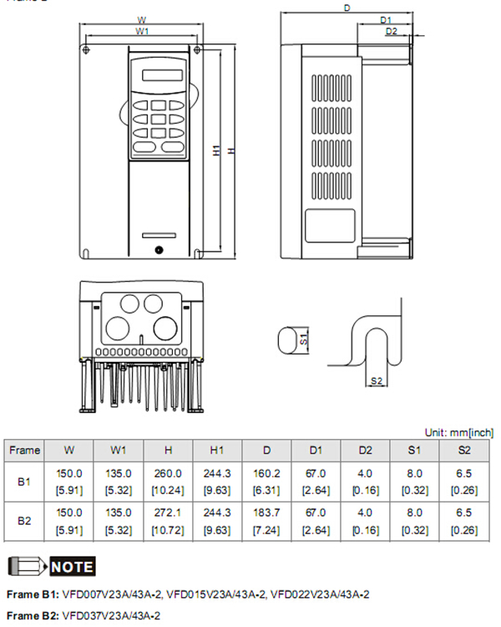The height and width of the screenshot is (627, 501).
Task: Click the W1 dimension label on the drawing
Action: coord(142,31)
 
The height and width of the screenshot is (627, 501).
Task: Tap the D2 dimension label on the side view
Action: coord(392,32)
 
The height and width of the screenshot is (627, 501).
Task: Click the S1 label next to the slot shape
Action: coord(305,339)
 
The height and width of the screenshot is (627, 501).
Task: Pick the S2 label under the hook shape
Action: coord(377,381)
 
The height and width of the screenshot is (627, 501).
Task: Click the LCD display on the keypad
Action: coord(159,75)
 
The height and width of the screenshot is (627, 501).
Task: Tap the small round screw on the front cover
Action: coord(158,248)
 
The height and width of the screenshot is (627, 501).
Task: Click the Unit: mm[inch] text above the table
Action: coord(458,432)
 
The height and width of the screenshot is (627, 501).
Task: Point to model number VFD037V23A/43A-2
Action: coord(112,615)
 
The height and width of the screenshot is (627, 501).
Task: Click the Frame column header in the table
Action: coord(24,450)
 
